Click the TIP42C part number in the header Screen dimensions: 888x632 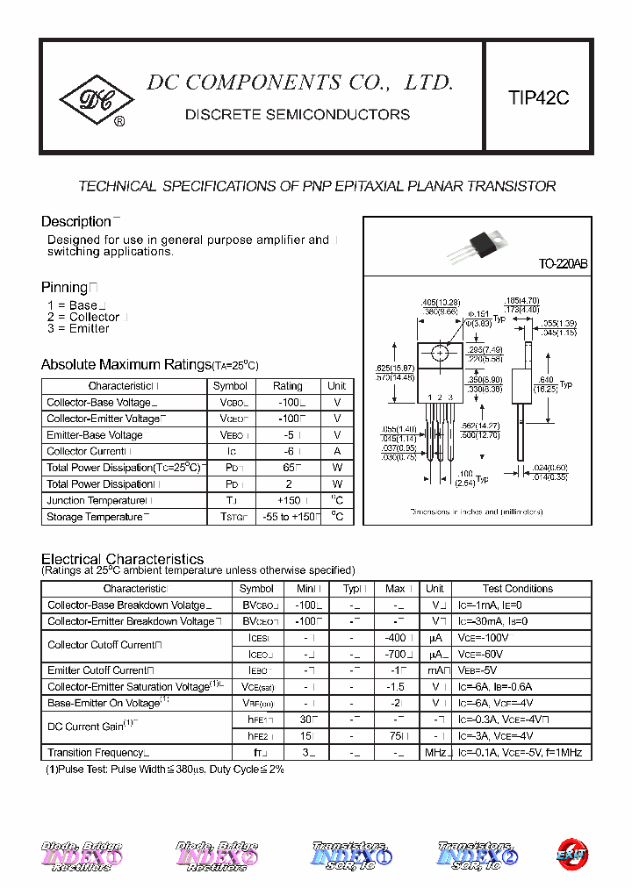538,98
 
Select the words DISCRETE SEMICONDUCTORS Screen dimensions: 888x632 298,115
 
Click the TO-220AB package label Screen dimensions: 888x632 563,264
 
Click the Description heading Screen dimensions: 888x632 76,221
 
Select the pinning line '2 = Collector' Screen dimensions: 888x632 83,317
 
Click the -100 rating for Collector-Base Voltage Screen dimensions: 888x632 287,402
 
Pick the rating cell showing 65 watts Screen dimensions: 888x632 287,468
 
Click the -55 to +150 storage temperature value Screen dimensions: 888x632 287,517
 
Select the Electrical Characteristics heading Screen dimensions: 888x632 123,559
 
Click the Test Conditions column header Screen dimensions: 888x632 518,589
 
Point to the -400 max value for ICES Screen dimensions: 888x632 395,638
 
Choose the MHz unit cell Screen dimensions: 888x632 434,753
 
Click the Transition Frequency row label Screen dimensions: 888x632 96,753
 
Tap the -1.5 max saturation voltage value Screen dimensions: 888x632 395,687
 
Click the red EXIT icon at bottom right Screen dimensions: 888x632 571,853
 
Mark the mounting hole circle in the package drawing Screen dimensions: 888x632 440,353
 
